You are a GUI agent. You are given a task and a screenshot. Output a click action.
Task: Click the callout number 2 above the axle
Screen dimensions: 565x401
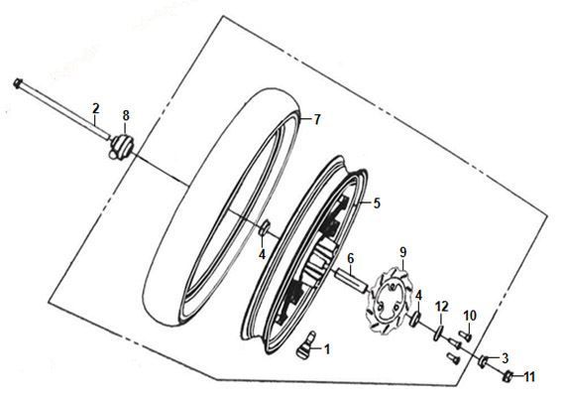tap(95, 108)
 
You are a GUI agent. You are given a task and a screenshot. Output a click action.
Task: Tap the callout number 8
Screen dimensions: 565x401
tap(126, 116)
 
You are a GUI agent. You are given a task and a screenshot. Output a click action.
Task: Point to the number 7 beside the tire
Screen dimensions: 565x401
tap(316, 119)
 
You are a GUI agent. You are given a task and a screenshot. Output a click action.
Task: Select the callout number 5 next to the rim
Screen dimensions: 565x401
tap(377, 203)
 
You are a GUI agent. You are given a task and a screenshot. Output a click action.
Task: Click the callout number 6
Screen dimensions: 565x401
tap(351, 258)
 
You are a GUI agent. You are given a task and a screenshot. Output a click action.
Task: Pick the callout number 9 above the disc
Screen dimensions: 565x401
tap(402, 252)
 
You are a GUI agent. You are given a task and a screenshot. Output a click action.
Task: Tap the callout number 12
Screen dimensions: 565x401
tap(442, 307)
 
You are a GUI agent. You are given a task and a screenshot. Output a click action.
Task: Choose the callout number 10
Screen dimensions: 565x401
tap(470, 316)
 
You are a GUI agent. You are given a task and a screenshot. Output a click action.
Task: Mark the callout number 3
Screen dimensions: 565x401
tap(506, 358)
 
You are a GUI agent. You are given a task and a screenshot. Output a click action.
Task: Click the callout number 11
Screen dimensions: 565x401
tap(529, 377)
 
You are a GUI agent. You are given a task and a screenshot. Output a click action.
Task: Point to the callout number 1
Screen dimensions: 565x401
tap(327, 349)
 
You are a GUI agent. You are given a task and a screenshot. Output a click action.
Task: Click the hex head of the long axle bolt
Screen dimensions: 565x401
tap(18, 83)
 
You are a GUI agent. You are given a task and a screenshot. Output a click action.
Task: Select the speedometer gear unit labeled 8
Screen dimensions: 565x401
tap(122, 147)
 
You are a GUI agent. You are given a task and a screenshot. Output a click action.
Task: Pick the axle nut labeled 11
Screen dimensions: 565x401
tap(508, 377)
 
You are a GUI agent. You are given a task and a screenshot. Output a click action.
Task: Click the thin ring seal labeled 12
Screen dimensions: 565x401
tap(438, 333)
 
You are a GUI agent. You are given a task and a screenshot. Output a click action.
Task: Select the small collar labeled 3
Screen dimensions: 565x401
tap(483, 361)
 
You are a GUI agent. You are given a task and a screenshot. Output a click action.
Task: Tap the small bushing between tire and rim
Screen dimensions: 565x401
tap(265, 228)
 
